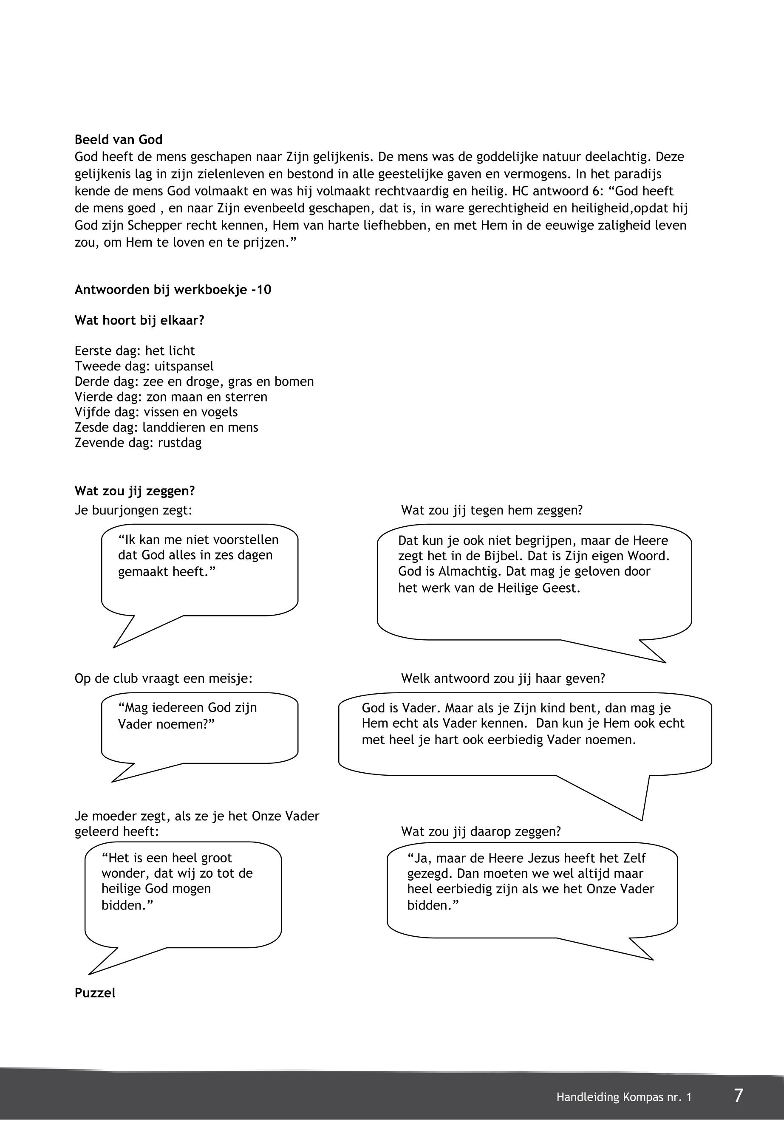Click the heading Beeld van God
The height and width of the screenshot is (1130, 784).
[x=119, y=140]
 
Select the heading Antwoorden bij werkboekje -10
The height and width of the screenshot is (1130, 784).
[x=173, y=290]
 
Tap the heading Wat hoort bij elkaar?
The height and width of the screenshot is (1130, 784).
[x=139, y=321]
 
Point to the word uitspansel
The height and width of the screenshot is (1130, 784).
[x=184, y=366]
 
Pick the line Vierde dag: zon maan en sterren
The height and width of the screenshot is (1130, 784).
[x=171, y=397]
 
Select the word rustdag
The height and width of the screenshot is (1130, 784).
[x=179, y=443]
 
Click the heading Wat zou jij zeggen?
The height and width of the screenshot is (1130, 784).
[x=135, y=491]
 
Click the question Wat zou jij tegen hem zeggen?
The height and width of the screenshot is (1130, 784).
[x=492, y=510]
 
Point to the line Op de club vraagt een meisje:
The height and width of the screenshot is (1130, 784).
[x=164, y=679]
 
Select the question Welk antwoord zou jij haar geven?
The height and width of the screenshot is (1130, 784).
[x=503, y=679]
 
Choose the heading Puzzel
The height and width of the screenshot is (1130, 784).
[x=95, y=993]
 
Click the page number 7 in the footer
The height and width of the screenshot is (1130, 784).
[x=738, y=1096]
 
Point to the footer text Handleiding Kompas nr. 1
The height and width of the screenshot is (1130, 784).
[x=624, y=1097]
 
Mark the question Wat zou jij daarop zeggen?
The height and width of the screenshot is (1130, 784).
[x=481, y=831]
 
